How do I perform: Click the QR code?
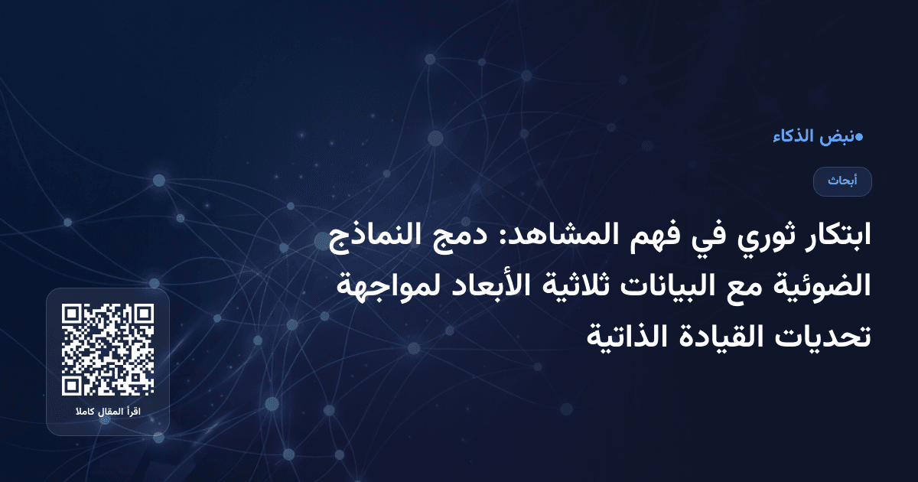pos(108,350)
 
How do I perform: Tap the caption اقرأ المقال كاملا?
pos(108,413)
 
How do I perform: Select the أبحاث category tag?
pos(842,181)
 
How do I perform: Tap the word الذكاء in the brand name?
pos(793,138)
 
